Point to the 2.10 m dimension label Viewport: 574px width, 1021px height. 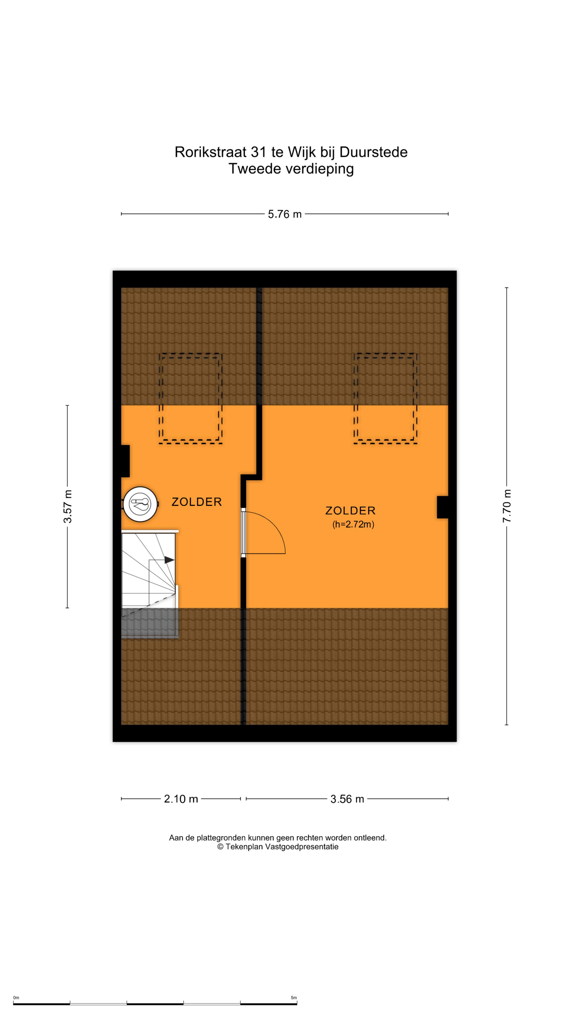(181, 799)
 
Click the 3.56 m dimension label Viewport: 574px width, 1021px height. (347, 799)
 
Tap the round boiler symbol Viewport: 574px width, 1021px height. (140, 504)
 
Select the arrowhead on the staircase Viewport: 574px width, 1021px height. (169, 560)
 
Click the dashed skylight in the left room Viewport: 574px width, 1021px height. (191, 398)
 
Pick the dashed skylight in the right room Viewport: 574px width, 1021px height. (385, 398)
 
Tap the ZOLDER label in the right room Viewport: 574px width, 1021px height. (350, 510)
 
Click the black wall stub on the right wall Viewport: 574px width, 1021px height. (442, 507)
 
